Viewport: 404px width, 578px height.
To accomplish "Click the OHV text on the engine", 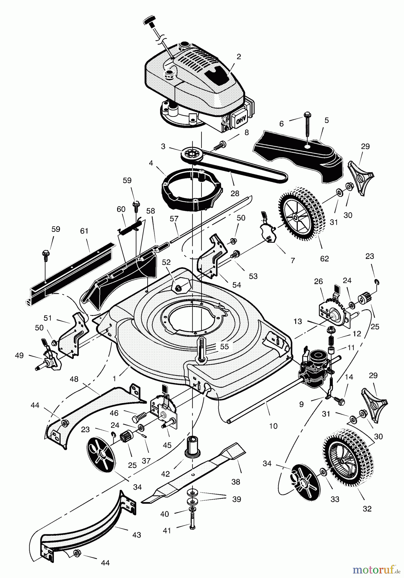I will (x=241, y=120).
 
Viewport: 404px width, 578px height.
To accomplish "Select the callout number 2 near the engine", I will (x=238, y=57).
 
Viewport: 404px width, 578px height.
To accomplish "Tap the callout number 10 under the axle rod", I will (x=273, y=426).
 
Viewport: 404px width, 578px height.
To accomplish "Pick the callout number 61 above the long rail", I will (x=84, y=231).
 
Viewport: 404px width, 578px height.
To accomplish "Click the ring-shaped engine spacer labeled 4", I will (x=186, y=190).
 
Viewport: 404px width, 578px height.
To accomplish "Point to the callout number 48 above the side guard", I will (x=74, y=379).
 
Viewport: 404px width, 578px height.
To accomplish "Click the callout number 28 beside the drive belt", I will (x=235, y=193).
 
